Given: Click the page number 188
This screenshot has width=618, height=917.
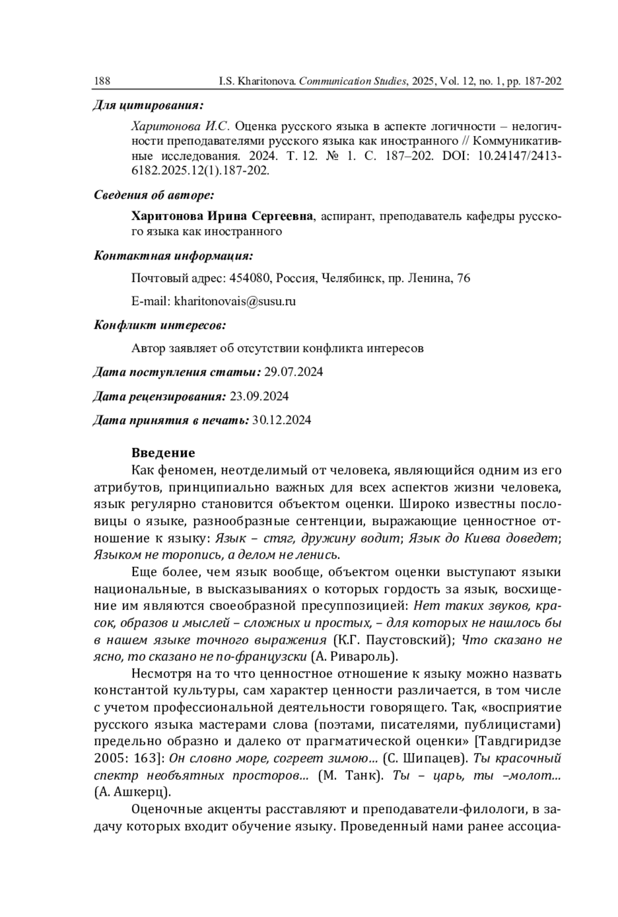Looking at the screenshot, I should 102,81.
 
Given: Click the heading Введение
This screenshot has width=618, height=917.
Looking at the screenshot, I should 163,453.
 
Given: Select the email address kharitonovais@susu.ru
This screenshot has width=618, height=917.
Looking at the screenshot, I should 235,302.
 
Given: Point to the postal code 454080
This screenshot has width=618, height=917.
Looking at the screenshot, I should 250,278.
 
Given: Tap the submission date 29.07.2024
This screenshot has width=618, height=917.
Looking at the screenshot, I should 293,372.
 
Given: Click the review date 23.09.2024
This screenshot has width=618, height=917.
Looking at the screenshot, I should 259,396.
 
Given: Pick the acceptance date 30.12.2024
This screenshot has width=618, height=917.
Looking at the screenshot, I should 282,421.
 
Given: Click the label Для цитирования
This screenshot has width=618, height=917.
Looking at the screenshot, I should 148,106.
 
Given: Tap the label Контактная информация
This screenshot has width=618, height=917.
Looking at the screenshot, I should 174,256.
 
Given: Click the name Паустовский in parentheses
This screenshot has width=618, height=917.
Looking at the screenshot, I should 414,640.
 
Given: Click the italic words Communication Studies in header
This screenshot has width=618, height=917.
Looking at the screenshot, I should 352,81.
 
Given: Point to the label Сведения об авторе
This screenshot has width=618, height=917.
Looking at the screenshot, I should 154,195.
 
